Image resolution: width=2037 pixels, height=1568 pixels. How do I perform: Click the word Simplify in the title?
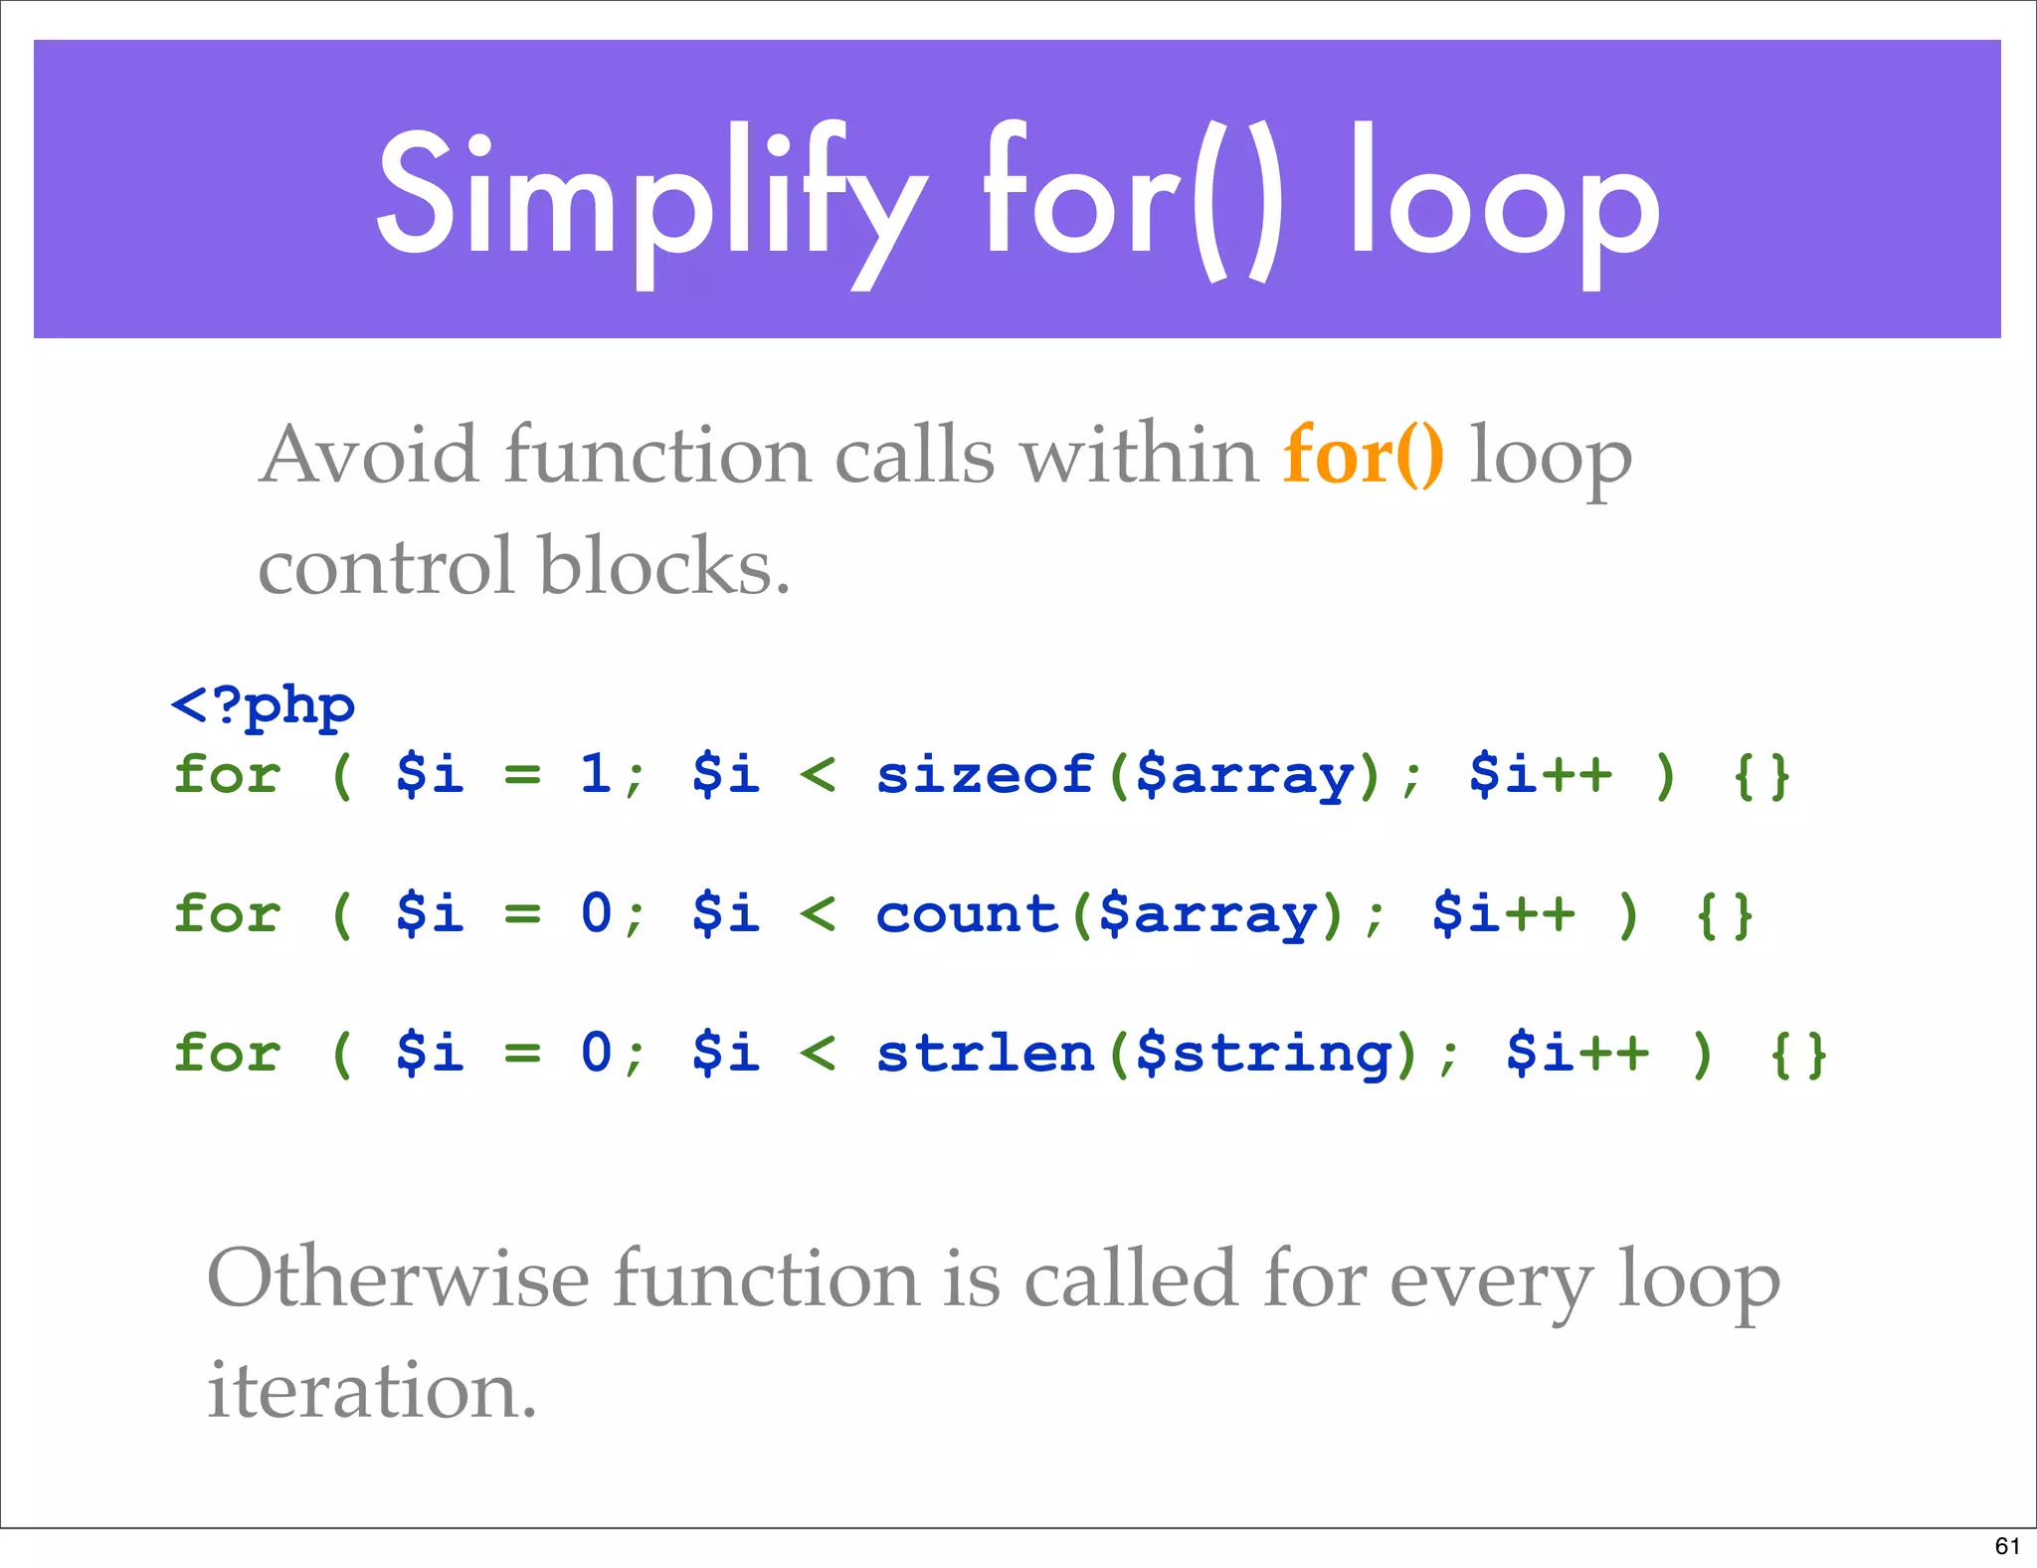651,199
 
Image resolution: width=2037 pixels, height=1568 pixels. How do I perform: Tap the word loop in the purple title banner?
1504,199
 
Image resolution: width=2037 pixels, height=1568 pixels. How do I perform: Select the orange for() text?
1363,456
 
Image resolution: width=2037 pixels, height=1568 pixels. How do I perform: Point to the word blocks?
663,566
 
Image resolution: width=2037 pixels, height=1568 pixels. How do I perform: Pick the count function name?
966,913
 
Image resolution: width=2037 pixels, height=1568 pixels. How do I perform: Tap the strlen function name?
985,1053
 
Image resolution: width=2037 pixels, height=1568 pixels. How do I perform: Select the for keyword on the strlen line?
228,1053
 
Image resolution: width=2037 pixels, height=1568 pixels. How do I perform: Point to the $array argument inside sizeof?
1244,776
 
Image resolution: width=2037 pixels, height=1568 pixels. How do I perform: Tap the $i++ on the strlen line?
1577,1053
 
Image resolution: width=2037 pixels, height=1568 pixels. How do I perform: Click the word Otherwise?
398,1279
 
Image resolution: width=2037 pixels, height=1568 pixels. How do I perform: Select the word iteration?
371,1391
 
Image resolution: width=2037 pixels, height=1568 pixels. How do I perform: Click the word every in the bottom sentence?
1491,1281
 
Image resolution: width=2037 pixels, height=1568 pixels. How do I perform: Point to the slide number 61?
2007,1546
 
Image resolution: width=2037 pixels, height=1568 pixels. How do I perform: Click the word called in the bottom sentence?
1130,1279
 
